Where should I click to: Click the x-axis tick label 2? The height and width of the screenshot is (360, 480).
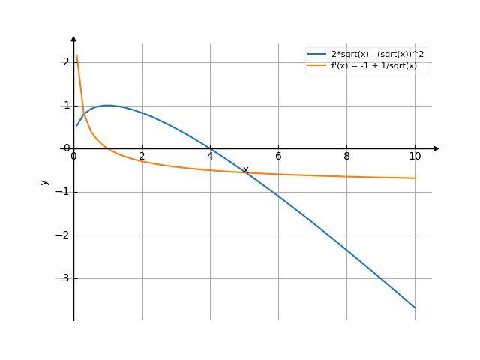pos(142,156)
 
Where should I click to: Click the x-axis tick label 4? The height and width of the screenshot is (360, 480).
pos(210,156)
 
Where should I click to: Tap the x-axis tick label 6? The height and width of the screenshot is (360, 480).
pos(278,156)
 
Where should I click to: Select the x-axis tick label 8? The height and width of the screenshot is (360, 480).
pos(346,156)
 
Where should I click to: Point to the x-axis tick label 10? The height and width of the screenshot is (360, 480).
pos(415,156)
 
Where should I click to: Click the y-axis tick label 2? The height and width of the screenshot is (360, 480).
pos(66,62)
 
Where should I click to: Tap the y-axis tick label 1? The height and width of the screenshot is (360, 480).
pos(66,106)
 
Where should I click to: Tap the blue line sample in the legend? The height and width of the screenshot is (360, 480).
pos(316,55)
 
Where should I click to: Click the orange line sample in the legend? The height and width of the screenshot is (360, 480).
pos(316,66)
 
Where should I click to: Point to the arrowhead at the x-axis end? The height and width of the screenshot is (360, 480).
pos(436,148)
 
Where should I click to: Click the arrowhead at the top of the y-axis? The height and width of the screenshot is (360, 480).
pos(73,38)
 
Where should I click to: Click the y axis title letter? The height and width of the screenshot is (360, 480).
pos(44,181)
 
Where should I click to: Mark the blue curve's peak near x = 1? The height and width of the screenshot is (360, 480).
pos(108,105)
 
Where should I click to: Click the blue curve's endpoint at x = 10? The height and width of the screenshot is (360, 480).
pos(415,307)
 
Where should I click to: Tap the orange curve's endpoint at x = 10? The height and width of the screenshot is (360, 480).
pos(415,178)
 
